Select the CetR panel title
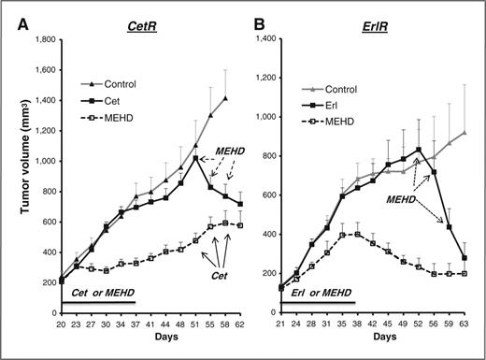[141, 13]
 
